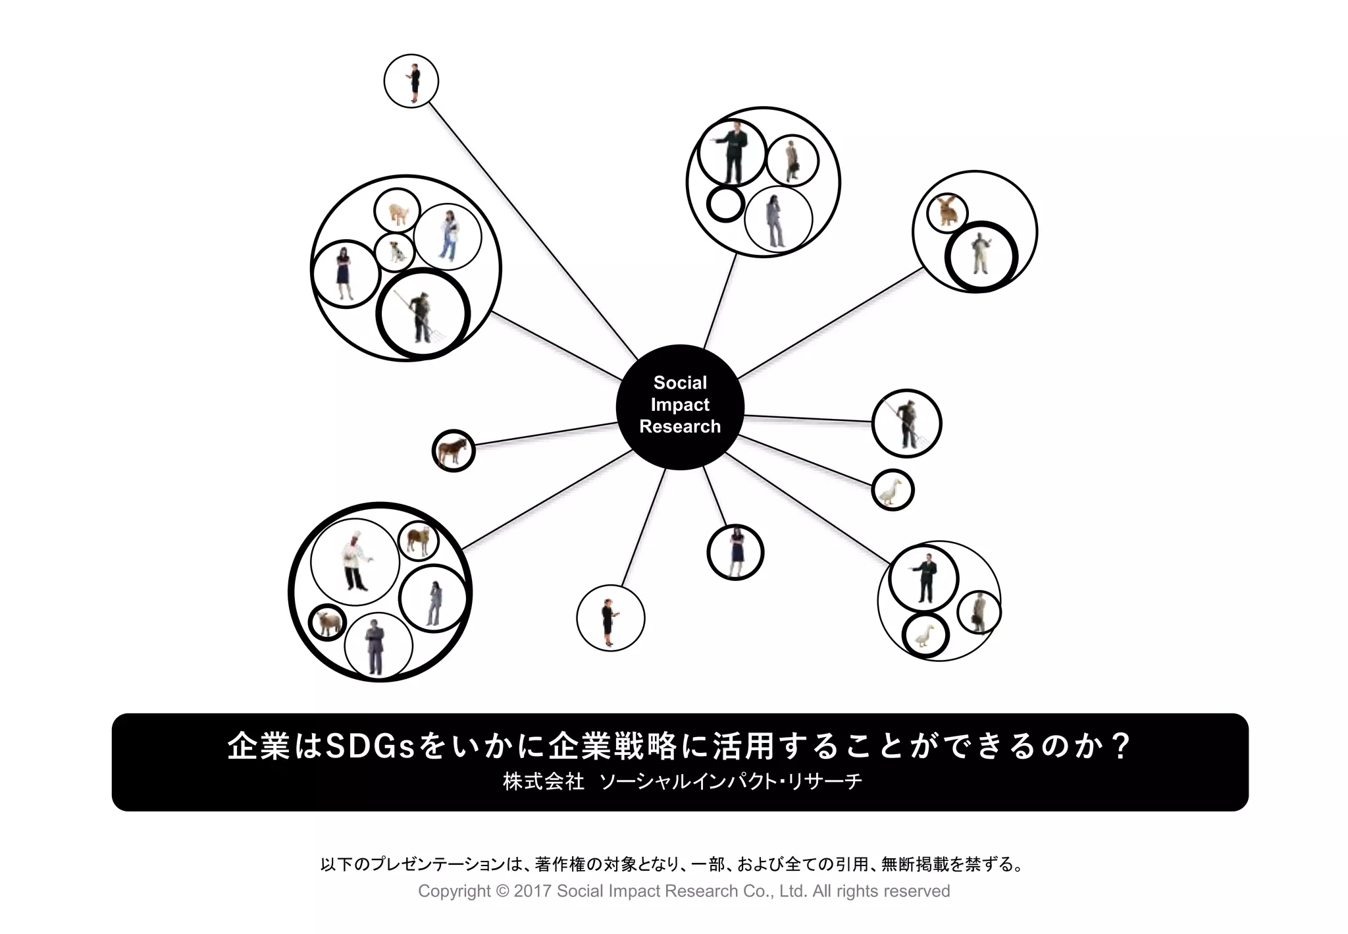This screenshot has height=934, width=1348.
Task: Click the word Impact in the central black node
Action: click(x=680, y=404)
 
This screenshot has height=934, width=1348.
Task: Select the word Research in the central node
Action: click(x=680, y=427)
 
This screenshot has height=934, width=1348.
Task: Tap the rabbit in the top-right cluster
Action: click(x=947, y=211)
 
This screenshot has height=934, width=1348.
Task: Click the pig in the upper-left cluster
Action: click(x=398, y=212)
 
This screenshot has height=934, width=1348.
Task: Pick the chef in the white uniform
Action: click(x=355, y=563)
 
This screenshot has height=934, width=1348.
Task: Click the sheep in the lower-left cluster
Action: click(x=326, y=622)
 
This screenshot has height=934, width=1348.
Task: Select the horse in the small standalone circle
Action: click(x=453, y=451)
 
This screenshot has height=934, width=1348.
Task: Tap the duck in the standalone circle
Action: click(x=892, y=491)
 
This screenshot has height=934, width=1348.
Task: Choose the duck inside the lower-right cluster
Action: click(x=925, y=636)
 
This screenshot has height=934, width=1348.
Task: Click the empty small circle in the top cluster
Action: click(x=725, y=204)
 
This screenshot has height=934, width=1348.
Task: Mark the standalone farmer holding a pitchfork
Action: click(x=908, y=424)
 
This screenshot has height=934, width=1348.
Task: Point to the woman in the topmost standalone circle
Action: click(x=413, y=82)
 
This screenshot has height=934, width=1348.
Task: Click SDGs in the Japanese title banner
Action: click(x=370, y=746)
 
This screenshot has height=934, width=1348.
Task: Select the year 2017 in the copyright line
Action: click(x=532, y=891)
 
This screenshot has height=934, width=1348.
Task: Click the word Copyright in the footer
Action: click(x=454, y=891)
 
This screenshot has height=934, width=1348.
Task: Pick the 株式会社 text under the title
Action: click(x=544, y=782)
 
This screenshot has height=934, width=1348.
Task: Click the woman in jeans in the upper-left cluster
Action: click(x=448, y=235)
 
